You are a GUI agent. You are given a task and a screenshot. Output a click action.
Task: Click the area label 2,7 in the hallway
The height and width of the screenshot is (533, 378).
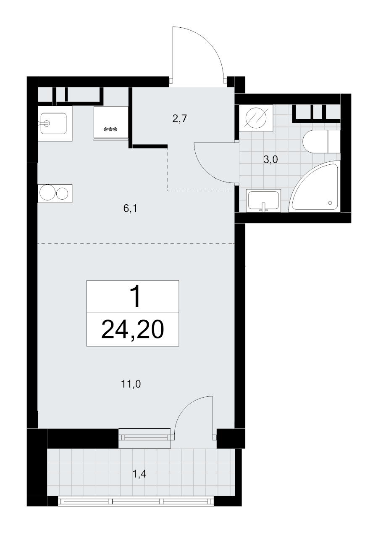pyautogui.click(x=180, y=118)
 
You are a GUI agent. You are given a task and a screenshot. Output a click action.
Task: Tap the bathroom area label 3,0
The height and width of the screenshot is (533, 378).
pyautogui.click(x=270, y=160)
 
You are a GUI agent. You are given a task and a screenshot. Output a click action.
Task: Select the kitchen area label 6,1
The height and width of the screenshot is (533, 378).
pyautogui.click(x=131, y=208)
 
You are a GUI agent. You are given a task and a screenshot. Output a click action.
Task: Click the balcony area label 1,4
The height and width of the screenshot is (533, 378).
pyautogui.click(x=139, y=474)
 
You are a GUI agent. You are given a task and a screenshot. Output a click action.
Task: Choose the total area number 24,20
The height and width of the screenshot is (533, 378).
pyautogui.click(x=132, y=330)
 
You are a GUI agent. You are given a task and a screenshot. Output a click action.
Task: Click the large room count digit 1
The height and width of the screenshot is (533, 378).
pyautogui.click(x=136, y=297)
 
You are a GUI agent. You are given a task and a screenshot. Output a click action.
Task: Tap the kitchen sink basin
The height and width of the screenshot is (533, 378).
pyautogui.click(x=53, y=123)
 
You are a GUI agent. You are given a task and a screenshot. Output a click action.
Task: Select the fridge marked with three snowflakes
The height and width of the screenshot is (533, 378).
pyautogui.click(x=111, y=124)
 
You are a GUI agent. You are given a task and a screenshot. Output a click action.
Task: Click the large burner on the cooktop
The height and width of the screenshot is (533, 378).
pyautogui.click(x=47, y=192)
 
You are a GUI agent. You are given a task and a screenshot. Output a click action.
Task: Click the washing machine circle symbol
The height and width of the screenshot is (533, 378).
pyautogui.click(x=256, y=118)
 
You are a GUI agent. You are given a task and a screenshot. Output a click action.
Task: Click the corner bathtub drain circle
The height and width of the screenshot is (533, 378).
pyautogui.click(x=330, y=203)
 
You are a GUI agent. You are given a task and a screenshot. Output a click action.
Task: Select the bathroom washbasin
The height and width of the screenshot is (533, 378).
pyautogui.click(x=263, y=201)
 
